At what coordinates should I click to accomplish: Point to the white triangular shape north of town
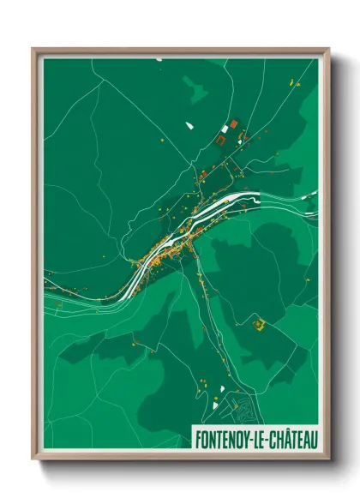(x=189, y=126)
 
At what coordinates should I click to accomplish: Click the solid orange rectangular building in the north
(x=229, y=126)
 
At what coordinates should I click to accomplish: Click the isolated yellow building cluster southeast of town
(x=259, y=323)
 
